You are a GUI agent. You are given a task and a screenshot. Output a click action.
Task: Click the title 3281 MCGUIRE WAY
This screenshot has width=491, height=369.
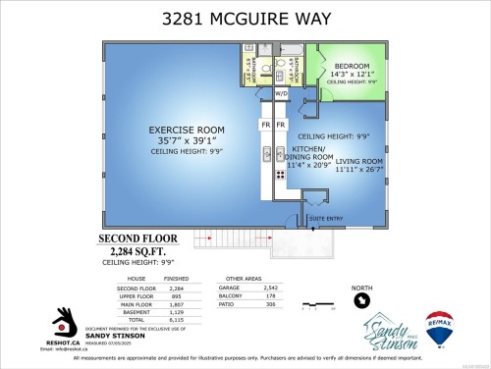click(x=245, y=17)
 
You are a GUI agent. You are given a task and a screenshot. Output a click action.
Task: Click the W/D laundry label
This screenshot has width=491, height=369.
click(x=281, y=94)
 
